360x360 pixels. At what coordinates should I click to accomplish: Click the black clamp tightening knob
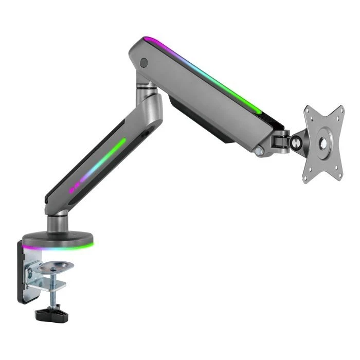coord(49,312)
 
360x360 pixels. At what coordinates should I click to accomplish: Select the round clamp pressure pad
coord(56,266)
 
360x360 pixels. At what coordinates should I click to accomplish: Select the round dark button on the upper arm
coord(144,63)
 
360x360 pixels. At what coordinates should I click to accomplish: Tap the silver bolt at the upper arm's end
coord(263,152)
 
